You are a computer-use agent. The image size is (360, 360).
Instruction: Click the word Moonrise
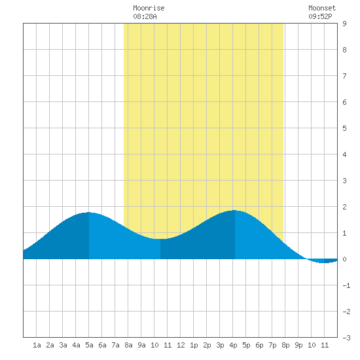[149, 8]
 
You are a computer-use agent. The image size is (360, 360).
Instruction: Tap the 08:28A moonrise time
[145, 16]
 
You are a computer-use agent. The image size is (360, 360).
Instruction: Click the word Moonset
[322, 8]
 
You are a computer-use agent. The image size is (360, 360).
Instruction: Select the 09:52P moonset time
[320, 16]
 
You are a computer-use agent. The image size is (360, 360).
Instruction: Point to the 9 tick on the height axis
[344, 24]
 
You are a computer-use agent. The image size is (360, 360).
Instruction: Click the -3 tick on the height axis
[346, 338]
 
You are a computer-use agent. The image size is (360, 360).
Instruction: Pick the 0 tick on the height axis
[344, 259]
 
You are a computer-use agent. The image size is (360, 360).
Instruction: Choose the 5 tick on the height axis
[344, 128]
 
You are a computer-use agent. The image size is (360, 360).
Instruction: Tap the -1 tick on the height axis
[346, 285]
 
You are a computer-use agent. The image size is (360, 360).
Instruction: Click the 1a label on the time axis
[37, 345]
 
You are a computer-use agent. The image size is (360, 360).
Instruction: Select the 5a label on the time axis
[89, 345]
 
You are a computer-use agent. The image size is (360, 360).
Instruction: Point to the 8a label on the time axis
[128, 345]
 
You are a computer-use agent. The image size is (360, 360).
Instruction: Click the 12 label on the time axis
[181, 345]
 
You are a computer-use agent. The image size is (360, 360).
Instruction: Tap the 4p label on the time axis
[233, 345]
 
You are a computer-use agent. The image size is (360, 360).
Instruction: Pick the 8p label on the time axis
[285, 345]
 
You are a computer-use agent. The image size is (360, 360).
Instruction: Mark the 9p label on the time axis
[298, 345]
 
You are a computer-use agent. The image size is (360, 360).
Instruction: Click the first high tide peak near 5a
[89, 212]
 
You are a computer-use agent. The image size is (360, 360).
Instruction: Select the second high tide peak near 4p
[234, 210]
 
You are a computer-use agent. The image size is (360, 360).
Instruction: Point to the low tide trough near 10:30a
[160, 239]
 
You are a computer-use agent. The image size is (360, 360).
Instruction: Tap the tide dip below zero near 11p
[324, 262]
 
